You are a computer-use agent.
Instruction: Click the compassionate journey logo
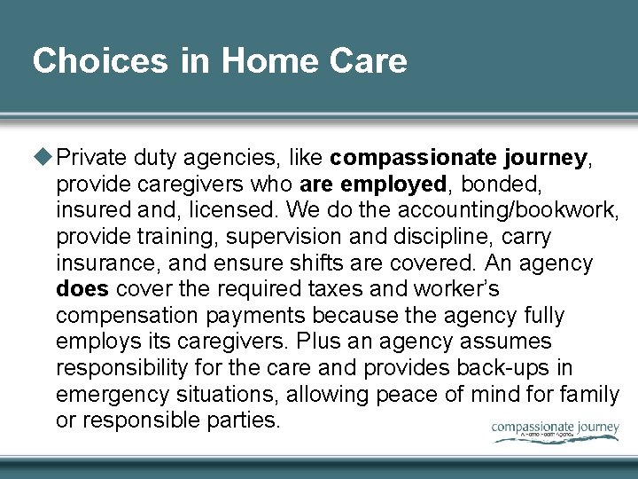(556, 430)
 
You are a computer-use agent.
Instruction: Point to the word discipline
(428, 237)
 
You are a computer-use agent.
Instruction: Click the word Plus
(318, 342)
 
